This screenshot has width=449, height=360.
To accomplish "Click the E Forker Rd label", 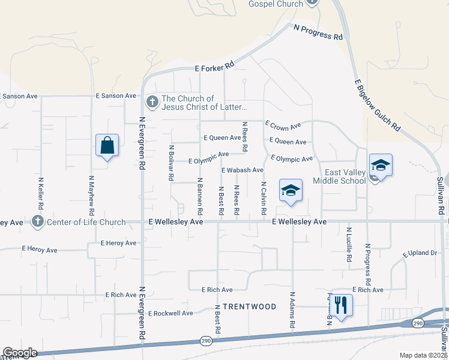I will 214,68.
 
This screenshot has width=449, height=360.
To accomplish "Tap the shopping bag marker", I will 107,145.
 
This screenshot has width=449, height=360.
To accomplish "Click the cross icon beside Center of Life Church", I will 38,222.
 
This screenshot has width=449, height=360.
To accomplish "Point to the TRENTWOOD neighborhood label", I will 249,307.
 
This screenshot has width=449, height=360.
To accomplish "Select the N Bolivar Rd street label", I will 171,163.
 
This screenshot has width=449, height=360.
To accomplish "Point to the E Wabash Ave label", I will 243,170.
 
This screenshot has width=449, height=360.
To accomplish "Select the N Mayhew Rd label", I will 91,196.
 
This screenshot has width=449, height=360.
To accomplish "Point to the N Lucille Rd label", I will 349,244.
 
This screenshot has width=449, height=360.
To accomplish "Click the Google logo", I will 20,353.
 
